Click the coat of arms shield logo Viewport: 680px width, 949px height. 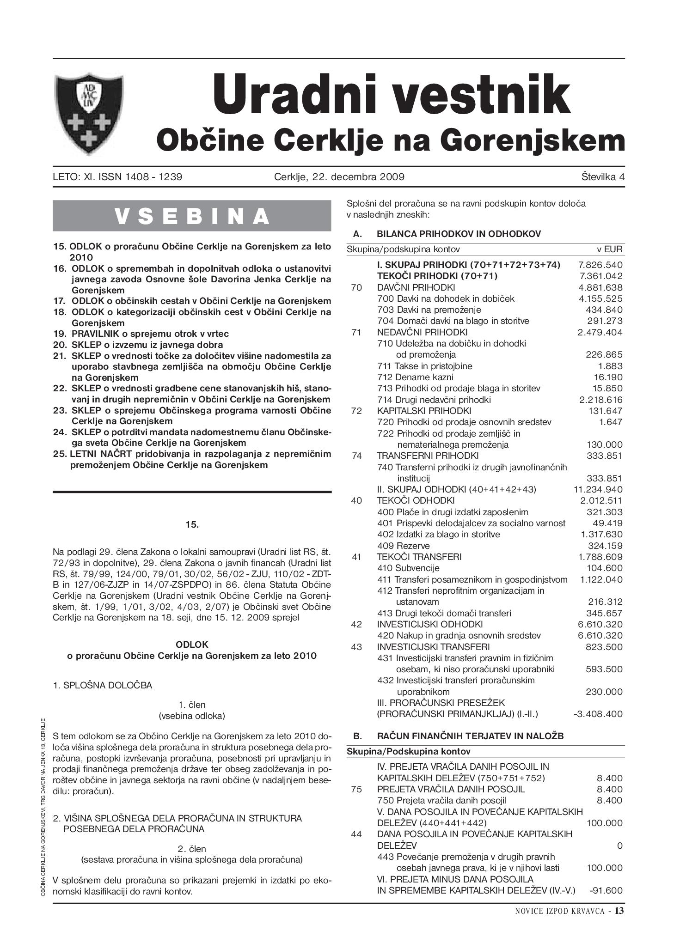89,114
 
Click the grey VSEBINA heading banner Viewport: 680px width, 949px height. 192,216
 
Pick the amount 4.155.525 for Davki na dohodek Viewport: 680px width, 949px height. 600,298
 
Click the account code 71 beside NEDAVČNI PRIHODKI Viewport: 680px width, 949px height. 356,332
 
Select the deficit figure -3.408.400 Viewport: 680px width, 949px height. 598,714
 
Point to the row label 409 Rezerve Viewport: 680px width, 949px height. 403,546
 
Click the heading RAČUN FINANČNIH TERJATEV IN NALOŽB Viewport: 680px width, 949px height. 470,736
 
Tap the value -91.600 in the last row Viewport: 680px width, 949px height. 606,890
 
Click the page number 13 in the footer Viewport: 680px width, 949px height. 619,911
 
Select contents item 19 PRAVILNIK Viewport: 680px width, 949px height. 150,334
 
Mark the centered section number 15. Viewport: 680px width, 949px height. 192,524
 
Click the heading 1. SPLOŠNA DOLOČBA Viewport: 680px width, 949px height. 102,685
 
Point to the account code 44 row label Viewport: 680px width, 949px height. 356,834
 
